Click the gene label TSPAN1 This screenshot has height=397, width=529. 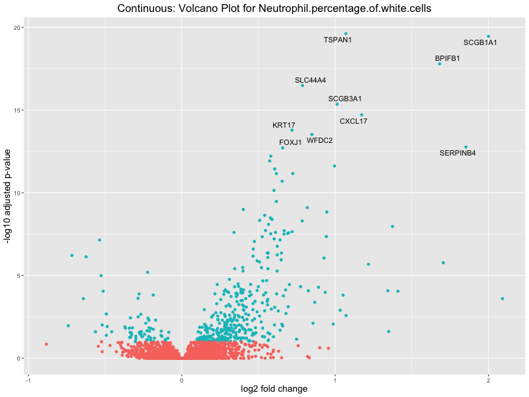point(337,40)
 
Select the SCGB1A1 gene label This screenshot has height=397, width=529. point(480,43)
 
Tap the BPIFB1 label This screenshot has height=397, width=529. point(448,58)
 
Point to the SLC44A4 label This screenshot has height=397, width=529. point(310,81)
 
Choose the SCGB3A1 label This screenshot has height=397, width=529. point(345,99)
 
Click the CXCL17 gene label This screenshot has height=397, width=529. point(353,122)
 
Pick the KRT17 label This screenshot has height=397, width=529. point(284,126)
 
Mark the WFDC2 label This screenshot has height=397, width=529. point(320,141)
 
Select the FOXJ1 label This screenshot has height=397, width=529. point(290,143)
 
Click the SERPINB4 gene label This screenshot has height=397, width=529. point(458,154)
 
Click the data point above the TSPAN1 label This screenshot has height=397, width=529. point(346,34)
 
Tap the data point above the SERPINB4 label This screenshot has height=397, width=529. point(466,147)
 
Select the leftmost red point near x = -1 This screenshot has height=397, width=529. point(46,344)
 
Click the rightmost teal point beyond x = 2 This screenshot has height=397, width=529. point(503,299)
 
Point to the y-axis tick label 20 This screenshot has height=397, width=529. point(18,28)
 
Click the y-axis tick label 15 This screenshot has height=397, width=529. point(18,110)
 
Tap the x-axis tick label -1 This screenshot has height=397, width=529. point(28,380)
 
